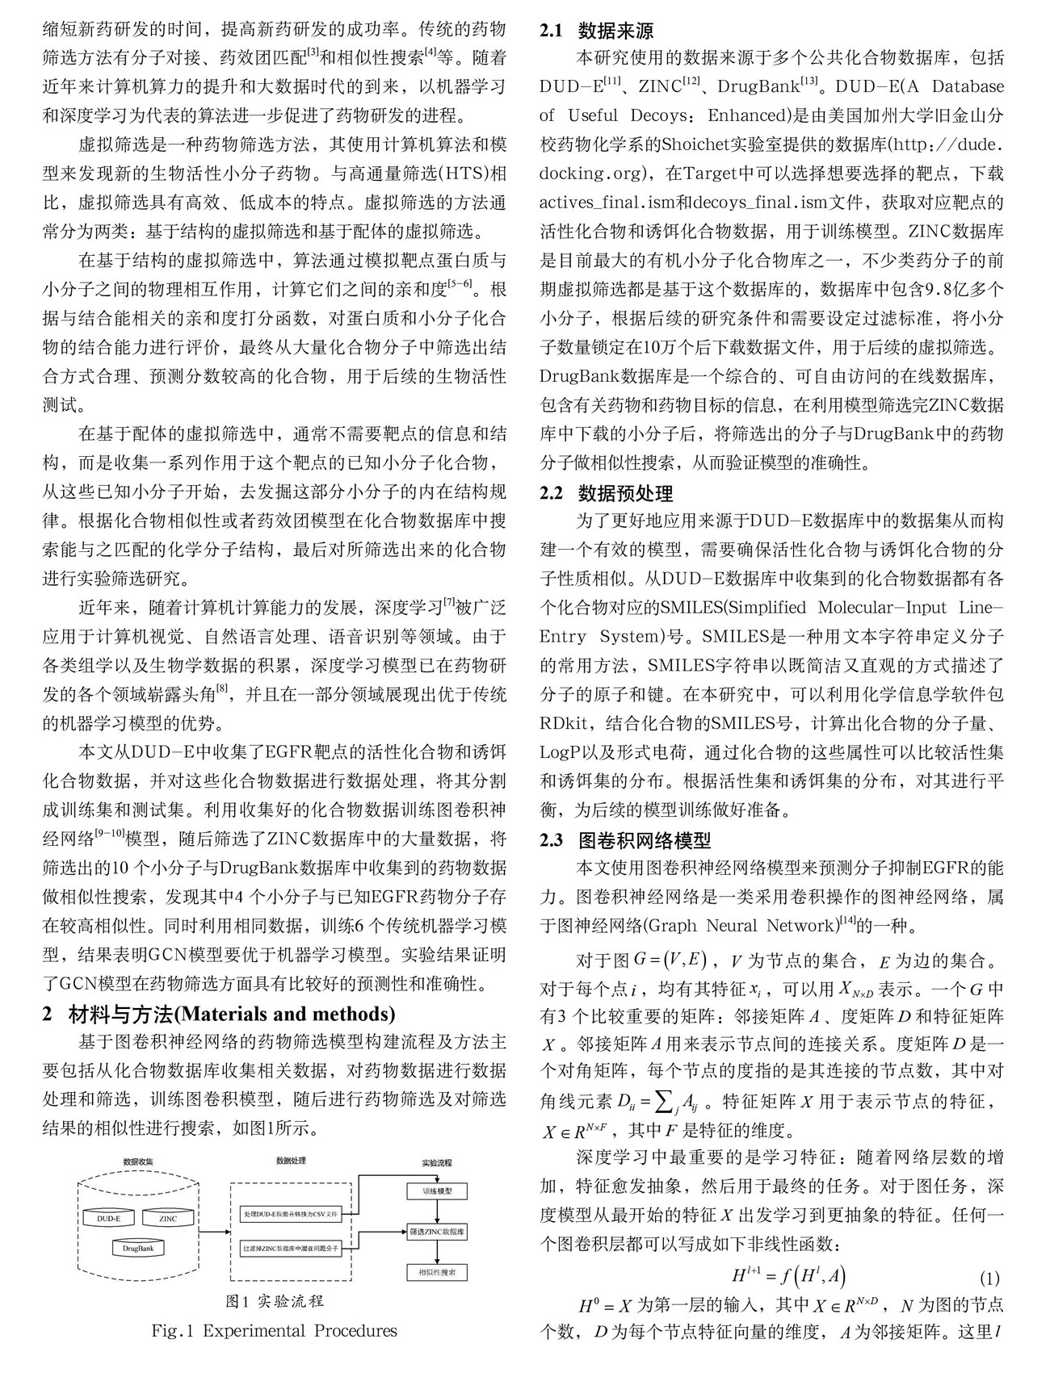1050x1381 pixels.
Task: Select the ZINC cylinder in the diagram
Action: [167, 1218]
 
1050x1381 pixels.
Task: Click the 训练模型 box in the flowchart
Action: [437, 1191]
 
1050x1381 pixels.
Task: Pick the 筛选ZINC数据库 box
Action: [437, 1232]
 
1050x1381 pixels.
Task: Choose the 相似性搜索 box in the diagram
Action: [437, 1273]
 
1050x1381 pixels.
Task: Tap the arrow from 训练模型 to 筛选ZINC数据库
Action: [437, 1211]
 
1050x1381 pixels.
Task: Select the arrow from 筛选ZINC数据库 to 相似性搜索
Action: [437, 1252]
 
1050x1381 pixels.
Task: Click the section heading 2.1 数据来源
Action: [596, 32]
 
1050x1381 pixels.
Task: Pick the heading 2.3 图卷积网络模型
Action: [625, 840]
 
